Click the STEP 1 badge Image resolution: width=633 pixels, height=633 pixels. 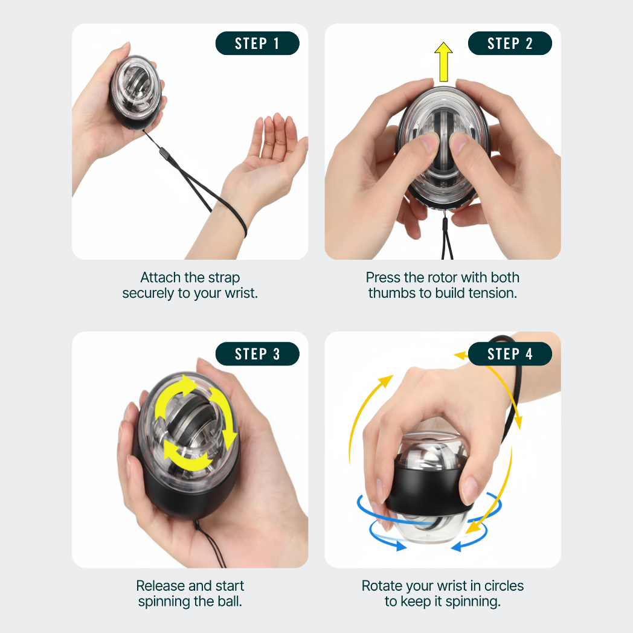point(257,43)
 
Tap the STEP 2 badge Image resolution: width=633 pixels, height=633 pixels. point(510,43)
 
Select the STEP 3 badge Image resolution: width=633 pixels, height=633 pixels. point(257,354)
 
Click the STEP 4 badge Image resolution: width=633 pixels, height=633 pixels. point(510,354)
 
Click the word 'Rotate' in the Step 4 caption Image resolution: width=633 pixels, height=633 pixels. point(382,586)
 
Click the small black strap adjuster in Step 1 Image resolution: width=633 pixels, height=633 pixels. point(163,154)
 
